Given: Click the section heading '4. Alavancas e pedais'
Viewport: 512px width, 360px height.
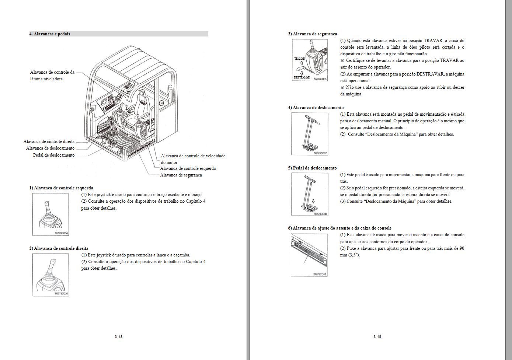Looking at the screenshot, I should (x=50, y=34).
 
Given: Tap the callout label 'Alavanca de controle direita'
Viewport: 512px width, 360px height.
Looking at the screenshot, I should (x=49, y=141).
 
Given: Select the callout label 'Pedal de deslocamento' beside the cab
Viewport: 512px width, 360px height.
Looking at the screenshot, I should (x=54, y=155).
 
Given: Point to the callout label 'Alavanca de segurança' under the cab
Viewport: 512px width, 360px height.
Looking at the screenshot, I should (x=181, y=175).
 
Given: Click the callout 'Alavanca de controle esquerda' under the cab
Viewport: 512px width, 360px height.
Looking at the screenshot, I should (x=188, y=168).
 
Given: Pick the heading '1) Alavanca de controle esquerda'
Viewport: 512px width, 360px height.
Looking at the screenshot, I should (x=61, y=188).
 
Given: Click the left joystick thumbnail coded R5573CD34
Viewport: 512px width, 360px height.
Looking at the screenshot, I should (x=50, y=214).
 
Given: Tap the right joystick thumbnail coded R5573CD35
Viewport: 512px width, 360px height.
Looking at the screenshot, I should (x=50, y=275).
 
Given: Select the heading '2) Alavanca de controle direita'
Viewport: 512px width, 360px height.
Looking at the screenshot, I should (x=59, y=248).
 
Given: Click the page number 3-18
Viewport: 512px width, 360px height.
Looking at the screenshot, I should (x=118, y=336).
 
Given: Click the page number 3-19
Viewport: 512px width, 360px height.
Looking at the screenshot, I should (x=377, y=336).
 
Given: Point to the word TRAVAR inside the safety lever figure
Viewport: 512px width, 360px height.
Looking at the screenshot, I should (x=299, y=59).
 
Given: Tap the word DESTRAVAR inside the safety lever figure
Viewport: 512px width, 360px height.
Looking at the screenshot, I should (x=302, y=78).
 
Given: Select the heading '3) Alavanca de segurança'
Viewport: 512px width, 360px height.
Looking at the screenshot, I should (x=313, y=34).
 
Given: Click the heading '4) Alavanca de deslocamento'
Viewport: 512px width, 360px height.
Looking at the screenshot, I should (x=316, y=108).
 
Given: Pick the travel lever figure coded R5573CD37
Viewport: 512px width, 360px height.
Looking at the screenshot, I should (x=310, y=134).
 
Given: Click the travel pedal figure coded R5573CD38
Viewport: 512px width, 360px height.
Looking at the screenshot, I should (x=310, y=194).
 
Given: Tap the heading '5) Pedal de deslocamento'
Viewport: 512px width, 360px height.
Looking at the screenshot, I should (x=312, y=168).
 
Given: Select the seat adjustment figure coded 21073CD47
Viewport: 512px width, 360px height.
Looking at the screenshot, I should (x=309, y=255).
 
